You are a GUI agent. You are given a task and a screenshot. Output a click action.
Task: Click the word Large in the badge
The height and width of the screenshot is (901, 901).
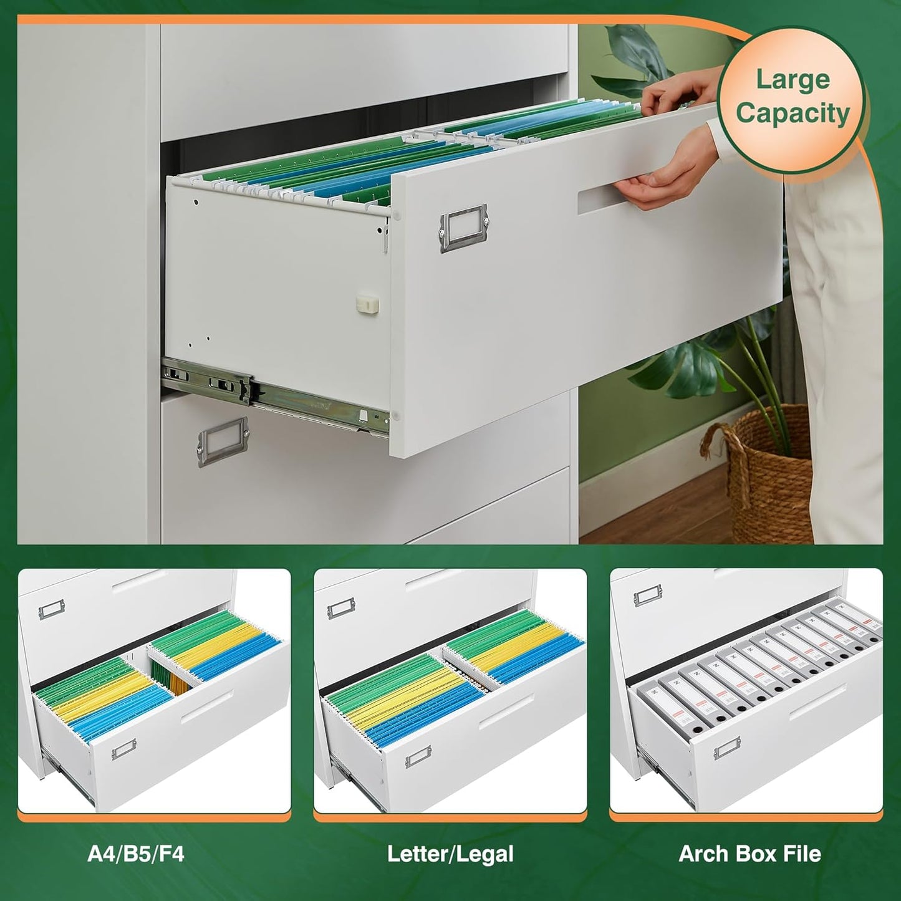tap(792, 80)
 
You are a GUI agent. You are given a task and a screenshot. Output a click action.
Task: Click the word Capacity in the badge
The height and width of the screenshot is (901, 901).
tap(792, 114)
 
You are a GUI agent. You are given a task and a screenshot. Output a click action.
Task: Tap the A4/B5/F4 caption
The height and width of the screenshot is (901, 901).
tap(136, 854)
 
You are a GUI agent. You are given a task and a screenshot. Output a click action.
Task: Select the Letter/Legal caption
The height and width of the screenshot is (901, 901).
tap(450, 854)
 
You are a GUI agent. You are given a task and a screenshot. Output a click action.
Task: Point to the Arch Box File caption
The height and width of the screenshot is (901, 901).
tap(749, 854)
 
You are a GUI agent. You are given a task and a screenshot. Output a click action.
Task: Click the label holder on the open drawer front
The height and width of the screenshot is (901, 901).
tap(463, 228)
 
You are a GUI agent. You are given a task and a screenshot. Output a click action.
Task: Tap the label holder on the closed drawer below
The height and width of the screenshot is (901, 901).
tap(223, 441)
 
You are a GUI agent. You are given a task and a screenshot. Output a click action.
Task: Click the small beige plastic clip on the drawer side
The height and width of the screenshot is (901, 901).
tap(367, 304)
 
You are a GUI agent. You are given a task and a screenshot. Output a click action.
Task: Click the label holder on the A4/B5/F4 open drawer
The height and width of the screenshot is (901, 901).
tap(123, 748)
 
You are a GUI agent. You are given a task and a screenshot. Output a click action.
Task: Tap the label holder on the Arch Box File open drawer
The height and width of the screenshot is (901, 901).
tap(727, 748)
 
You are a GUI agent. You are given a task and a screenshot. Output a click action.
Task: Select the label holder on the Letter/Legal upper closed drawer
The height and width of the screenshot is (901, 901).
tap(341, 608)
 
